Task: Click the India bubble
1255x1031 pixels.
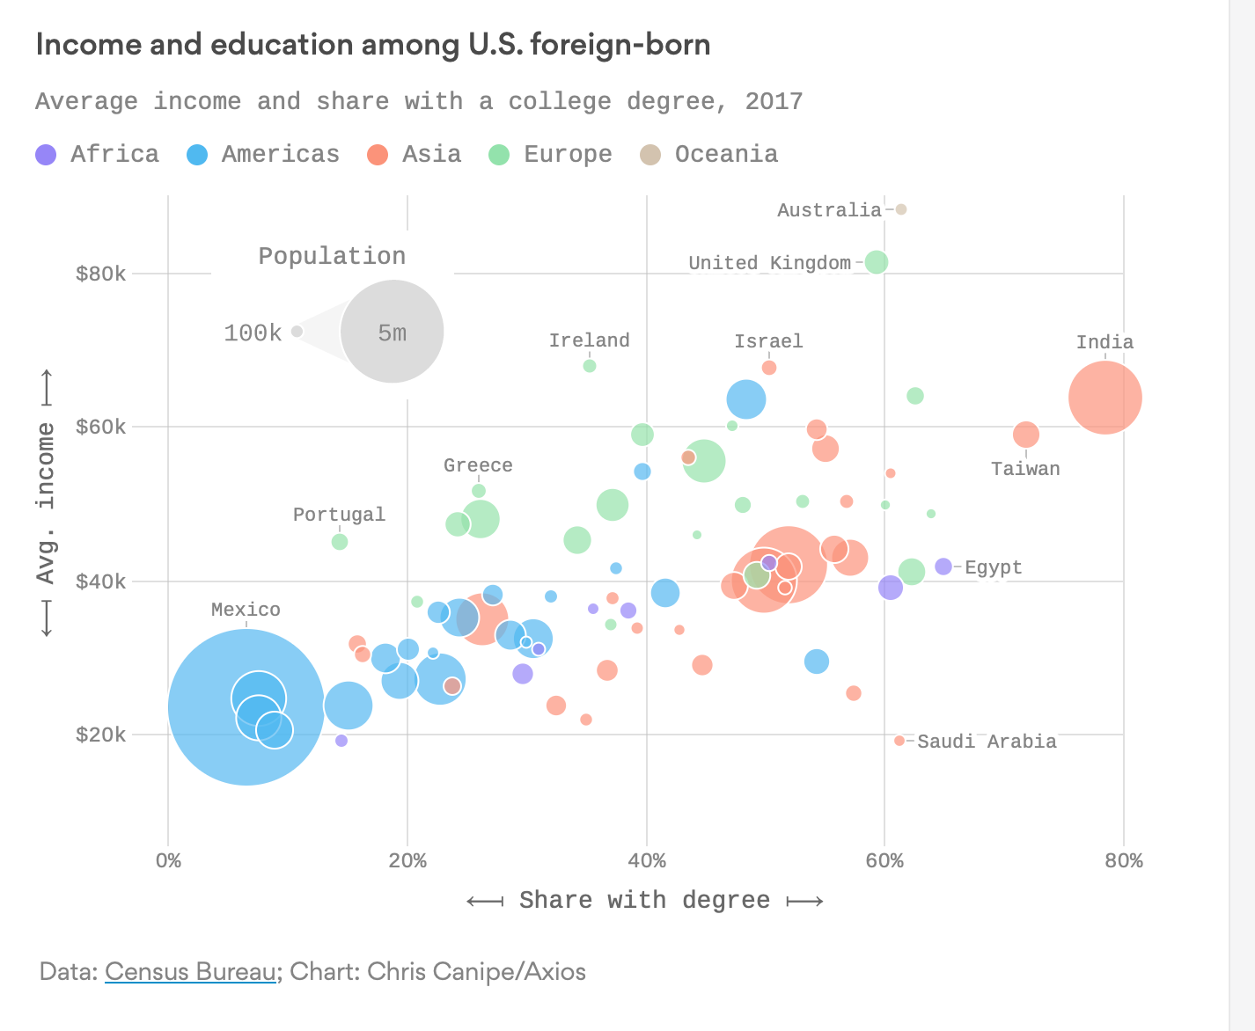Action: [x=1105, y=398]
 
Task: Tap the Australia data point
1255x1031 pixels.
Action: [x=900, y=209]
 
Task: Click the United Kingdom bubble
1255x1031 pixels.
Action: [x=876, y=262]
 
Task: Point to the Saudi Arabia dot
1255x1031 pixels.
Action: [x=899, y=741]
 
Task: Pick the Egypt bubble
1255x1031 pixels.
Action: [x=943, y=567]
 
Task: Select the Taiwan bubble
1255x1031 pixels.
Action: [x=1025, y=435]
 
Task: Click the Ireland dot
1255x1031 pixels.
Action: [x=590, y=366]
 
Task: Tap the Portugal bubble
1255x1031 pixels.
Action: [x=340, y=542]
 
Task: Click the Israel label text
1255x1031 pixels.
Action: [x=768, y=341]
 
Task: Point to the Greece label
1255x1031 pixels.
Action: [x=478, y=465]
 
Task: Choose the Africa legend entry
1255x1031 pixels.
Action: [x=97, y=155]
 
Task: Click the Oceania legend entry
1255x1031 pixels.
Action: [x=708, y=155]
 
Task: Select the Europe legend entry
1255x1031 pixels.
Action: [x=550, y=155]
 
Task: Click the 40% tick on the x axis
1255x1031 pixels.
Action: [x=647, y=860]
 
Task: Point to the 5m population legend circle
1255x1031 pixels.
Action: [x=392, y=332]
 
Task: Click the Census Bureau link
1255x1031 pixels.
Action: [x=190, y=972]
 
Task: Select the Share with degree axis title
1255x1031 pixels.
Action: [x=644, y=901]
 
